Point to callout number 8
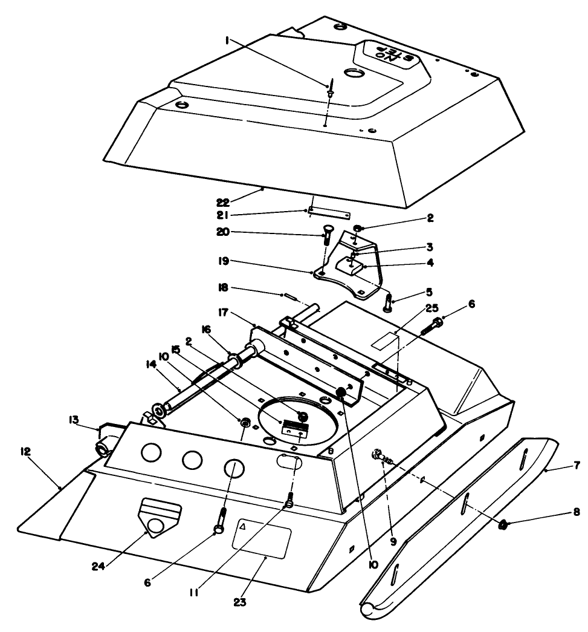click(576, 512)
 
